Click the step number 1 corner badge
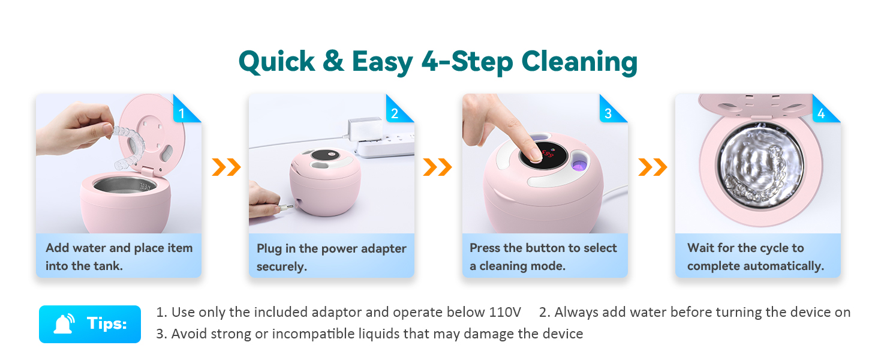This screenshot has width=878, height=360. pos(184,110)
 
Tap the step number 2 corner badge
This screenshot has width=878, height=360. pos(397,110)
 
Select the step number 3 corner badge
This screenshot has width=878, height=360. pos(611,110)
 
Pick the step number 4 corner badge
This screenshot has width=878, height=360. pos(823,110)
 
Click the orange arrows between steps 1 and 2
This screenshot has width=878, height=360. pos(226,167)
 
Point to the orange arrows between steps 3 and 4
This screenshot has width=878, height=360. pos(653,167)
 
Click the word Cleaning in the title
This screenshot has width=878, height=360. pos(579,62)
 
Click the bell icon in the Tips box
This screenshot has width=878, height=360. pos(64,324)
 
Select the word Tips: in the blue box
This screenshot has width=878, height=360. pos(107,324)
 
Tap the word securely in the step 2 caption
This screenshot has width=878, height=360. pos(282,266)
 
